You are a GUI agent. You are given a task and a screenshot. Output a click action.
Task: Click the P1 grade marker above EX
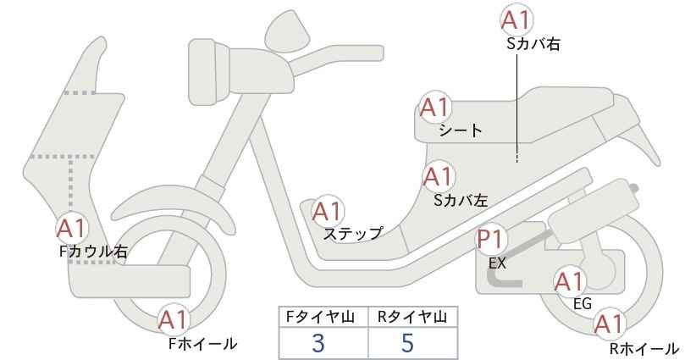pyautogui.click(x=491, y=240)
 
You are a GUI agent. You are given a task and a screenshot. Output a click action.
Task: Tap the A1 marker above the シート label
pyautogui.click(x=435, y=108)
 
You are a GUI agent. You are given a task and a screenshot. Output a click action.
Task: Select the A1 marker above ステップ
pyautogui.click(x=327, y=212)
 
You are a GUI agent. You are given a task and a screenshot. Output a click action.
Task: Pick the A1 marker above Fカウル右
pyautogui.click(x=71, y=229)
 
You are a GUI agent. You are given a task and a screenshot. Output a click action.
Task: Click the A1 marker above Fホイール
pyautogui.click(x=174, y=319)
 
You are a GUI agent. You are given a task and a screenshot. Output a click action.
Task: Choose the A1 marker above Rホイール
pyautogui.click(x=610, y=324)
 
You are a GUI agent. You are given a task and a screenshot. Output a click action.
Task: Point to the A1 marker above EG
pyautogui.click(x=570, y=282)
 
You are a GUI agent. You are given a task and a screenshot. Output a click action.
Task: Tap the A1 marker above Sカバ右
pyautogui.click(x=516, y=20)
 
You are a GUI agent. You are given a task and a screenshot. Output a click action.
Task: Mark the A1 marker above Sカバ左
pyautogui.click(x=438, y=176)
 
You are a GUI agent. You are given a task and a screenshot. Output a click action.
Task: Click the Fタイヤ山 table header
pyautogui.click(x=320, y=317)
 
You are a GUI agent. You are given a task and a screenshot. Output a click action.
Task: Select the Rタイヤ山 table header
pyautogui.click(x=412, y=317)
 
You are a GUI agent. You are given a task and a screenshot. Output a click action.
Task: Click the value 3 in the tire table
pyautogui.click(x=318, y=343)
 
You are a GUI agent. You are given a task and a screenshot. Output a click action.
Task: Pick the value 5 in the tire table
pyautogui.click(x=407, y=342)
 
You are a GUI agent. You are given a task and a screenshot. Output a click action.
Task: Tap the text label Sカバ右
pyautogui.click(x=533, y=44)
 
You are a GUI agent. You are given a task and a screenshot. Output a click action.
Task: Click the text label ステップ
pyautogui.click(x=353, y=234)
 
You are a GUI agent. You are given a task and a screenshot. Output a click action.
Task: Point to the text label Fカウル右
pyautogui.click(x=93, y=252)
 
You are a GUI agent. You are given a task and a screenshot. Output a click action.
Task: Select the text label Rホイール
pyautogui.click(x=644, y=348)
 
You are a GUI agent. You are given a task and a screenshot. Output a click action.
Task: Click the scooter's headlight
pyautogui.click(x=210, y=71)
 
